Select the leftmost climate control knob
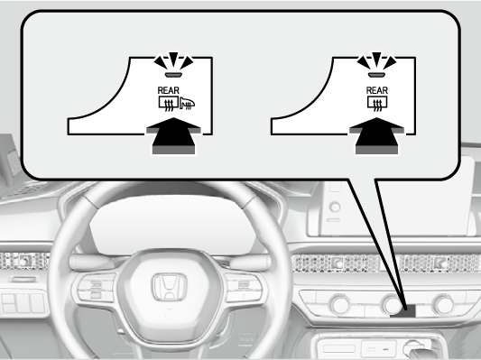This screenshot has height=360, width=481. point(339,303)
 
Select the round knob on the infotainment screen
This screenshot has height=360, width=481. point(336,207)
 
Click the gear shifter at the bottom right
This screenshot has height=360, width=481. point(418,347)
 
